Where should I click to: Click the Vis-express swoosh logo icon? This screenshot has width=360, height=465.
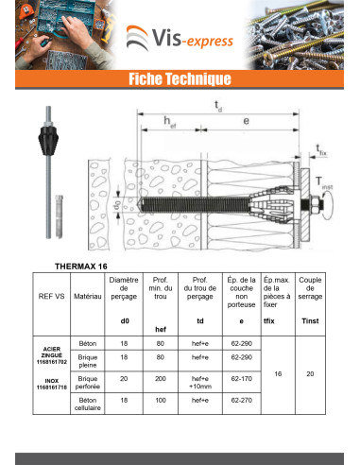137,38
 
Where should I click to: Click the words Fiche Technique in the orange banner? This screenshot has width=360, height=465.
180,78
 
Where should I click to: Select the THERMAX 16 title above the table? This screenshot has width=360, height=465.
81,267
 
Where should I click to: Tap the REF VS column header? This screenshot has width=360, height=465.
51,297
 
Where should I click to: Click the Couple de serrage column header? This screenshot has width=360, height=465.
310,288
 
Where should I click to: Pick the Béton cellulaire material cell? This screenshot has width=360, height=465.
88,404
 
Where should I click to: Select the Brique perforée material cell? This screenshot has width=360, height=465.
88,383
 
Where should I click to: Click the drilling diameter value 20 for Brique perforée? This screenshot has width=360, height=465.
124,379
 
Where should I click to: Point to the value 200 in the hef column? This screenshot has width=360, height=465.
161,379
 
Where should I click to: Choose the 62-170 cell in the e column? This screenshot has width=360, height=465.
242,379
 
